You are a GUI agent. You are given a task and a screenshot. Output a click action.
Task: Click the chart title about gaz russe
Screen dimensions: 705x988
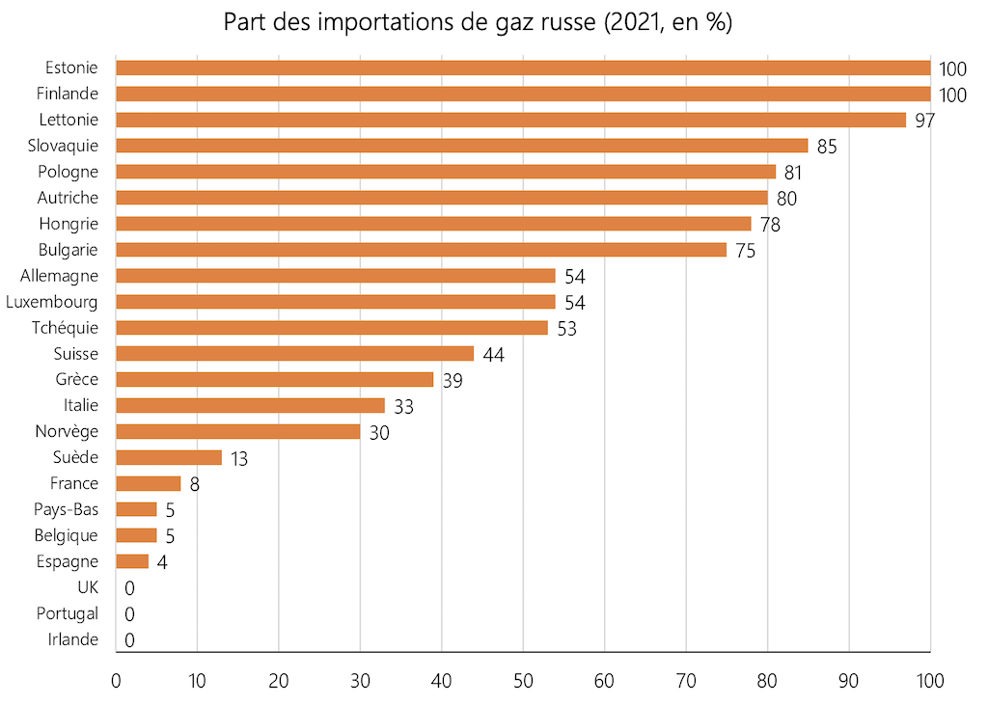point(478,22)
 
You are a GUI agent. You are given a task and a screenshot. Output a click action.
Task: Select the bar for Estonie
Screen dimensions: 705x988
point(522,68)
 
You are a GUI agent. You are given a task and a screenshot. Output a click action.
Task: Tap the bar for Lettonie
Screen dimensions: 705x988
point(510,120)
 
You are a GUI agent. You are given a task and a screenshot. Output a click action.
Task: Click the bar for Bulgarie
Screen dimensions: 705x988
point(421,250)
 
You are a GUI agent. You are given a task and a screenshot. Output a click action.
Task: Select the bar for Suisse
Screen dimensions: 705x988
point(294,354)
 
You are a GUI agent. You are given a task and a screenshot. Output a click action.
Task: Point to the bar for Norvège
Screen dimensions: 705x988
point(237,432)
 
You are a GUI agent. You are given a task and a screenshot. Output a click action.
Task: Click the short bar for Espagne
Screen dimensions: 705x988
point(132,562)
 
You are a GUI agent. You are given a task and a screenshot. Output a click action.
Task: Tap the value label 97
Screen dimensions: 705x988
point(925,121)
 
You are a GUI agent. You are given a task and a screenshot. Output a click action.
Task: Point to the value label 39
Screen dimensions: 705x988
point(452,381)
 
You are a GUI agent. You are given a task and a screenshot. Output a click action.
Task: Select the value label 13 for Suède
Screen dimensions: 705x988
point(238,459)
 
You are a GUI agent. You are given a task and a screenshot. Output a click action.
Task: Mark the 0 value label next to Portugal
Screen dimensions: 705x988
point(129,614)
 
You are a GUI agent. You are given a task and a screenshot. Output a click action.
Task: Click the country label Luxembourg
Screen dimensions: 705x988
point(51,302)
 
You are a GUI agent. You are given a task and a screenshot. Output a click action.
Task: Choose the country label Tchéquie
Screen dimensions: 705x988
point(66,328)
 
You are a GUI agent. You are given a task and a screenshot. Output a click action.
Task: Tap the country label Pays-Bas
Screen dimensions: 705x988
point(68,510)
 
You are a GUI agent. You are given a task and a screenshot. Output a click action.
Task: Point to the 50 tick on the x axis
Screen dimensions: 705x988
point(523,681)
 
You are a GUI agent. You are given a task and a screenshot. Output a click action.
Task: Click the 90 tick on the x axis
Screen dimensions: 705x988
point(849,681)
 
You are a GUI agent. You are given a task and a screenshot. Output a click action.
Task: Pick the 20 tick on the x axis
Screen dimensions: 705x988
point(279,681)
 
